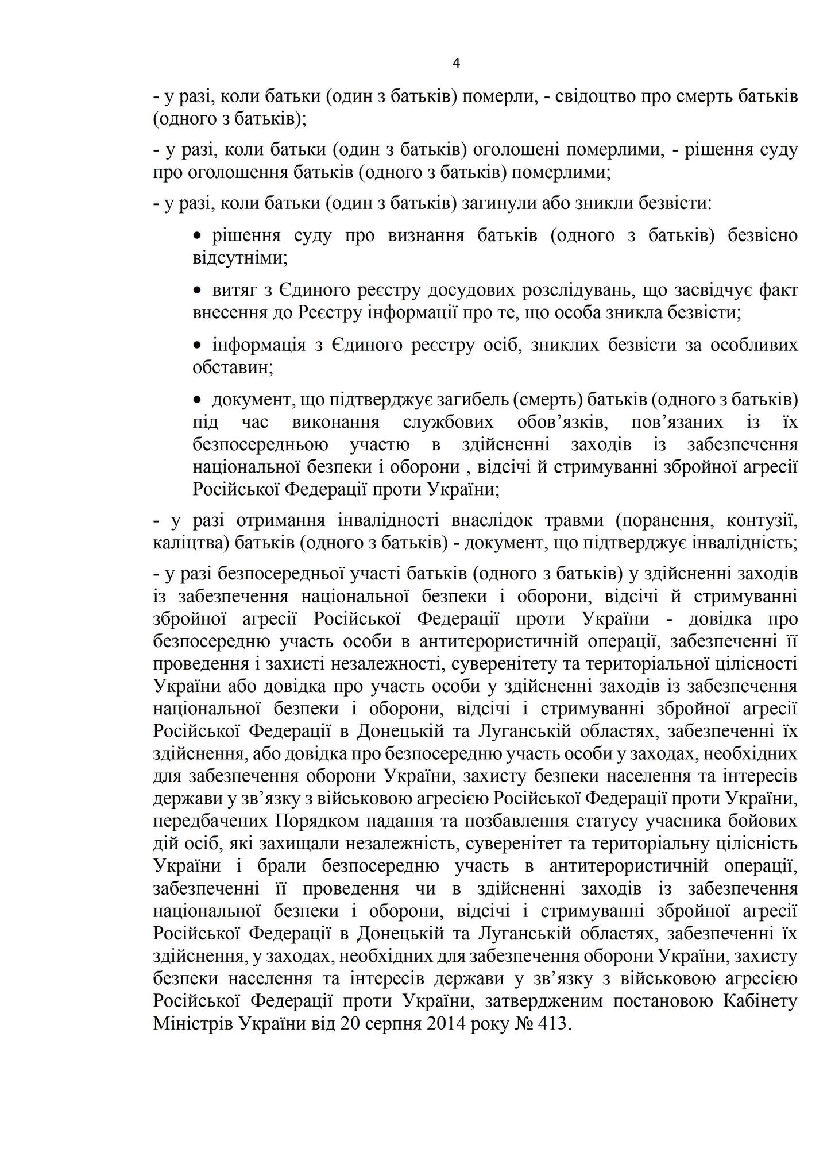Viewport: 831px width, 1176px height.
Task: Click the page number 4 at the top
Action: (x=457, y=64)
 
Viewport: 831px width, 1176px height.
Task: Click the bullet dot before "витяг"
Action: (x=198, y=291)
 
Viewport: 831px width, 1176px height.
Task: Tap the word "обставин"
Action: (x=233, y=367)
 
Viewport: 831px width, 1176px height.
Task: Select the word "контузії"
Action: (x=762, y=520)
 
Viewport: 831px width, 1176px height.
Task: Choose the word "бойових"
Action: (x=763, y=821)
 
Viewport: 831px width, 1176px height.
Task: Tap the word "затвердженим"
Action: (x=543, y=1001)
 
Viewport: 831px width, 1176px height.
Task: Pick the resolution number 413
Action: (x=552, y=1023)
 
